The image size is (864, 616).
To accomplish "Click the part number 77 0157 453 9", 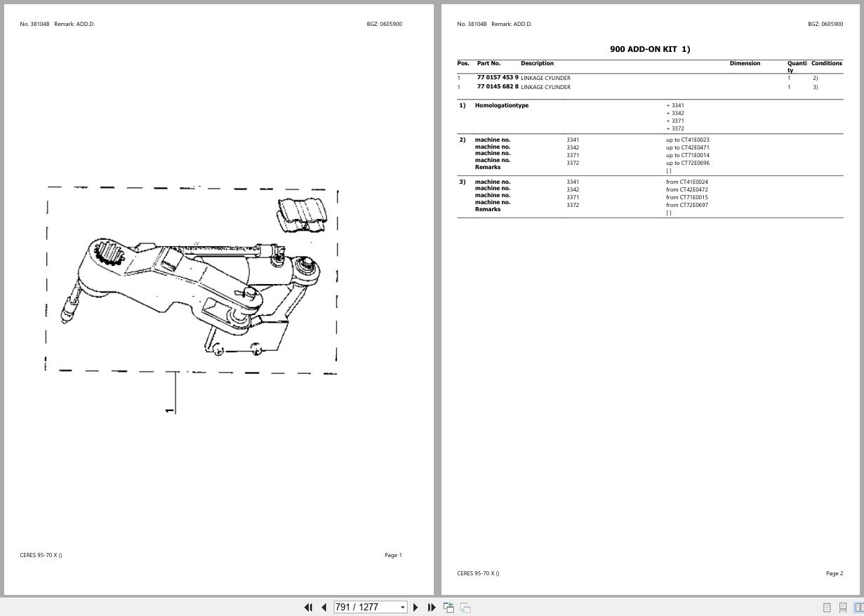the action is [497, 78].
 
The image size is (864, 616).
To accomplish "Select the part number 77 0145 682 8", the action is [497, 87].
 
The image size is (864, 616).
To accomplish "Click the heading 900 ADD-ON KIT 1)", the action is [650, 49].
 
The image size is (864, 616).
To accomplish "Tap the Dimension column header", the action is [745, 63].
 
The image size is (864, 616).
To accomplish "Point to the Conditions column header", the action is [826, 63].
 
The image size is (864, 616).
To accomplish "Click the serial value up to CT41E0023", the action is [687, 140].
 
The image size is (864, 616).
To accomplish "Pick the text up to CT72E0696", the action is [687, 163].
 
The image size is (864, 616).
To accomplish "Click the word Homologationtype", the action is [501, 105].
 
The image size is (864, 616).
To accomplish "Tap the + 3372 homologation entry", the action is [674, 128].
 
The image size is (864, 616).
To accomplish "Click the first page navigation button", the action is [307, 607].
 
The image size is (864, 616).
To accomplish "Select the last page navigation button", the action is [432, 607].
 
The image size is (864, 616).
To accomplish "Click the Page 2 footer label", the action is [834, 573].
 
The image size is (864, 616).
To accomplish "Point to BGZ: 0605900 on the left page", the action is [384, 24].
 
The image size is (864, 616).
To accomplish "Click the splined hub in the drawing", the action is [109, 252].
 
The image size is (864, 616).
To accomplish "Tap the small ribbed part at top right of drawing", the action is [303, 214].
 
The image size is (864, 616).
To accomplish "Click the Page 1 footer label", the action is [393, 555].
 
